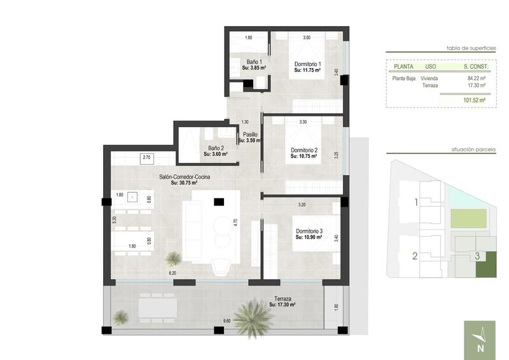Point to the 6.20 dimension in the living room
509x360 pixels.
(x=172, y=273)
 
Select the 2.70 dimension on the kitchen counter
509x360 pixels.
(x=146, y=156)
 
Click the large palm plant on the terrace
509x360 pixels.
(x=253, y=317)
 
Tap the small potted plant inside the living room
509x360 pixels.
(x=173, y=258)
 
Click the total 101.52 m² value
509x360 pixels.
(x=474, y=100)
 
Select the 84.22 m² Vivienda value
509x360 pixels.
(x=476, y=78)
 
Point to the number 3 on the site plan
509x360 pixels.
(x=477, y=257)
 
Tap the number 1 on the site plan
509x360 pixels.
(x=415, y=203)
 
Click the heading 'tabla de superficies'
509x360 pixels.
(x=470, y=47)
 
